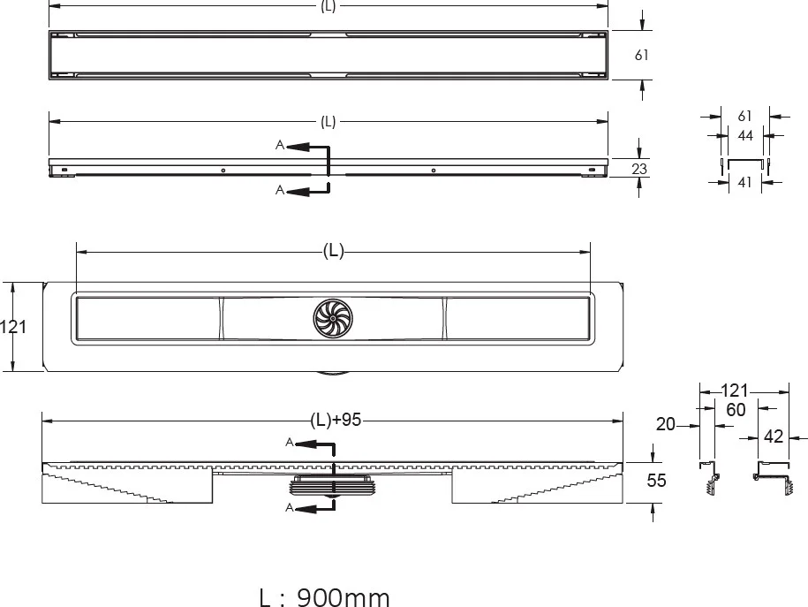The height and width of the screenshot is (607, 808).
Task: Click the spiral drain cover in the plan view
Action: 333,319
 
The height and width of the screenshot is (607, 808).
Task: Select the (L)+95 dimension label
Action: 336,421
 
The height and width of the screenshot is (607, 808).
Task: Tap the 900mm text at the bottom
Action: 344,597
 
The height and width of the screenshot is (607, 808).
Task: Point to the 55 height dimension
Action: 656,481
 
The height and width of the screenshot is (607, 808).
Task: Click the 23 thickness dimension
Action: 639,169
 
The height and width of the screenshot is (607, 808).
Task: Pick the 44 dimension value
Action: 745,136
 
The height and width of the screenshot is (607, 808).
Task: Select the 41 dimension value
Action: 744,182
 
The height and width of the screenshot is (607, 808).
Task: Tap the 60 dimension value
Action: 736,410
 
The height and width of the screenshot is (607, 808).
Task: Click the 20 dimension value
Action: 665,424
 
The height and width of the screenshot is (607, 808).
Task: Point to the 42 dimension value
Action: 773,436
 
